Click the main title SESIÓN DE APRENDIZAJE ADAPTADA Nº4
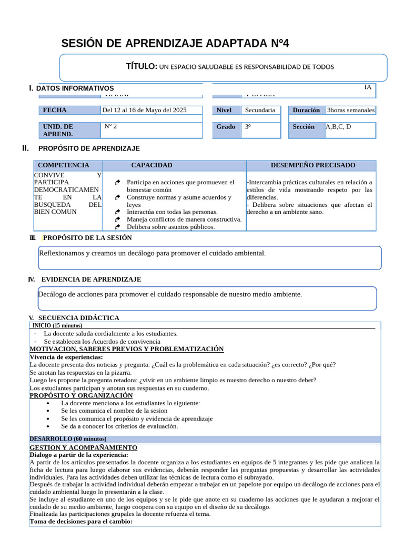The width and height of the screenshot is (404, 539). point(175,43)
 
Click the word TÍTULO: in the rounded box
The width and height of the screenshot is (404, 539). point(142,66)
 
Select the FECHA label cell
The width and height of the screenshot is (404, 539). point(69,111)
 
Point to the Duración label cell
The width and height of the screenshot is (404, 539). point(306,111)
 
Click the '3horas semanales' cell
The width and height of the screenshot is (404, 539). point(351,111)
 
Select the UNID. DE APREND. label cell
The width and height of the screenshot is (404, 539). point(69,131)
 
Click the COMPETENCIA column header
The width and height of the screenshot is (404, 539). point(64,165)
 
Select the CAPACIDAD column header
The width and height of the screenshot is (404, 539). point(151,165)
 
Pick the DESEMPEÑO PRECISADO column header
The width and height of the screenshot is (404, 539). point(313,165)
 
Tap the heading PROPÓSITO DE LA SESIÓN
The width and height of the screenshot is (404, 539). point(87,238)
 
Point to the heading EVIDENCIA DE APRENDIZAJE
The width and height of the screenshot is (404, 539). point(91,280)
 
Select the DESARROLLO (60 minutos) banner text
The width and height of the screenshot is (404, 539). point(68,439)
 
